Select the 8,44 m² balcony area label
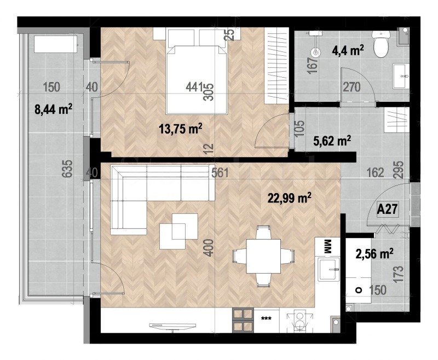click(x=54, y=109)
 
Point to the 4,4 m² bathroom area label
click(x=348, y=51)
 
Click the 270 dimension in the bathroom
click(x=351, y=86)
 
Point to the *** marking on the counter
click(x=267, y=318)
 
